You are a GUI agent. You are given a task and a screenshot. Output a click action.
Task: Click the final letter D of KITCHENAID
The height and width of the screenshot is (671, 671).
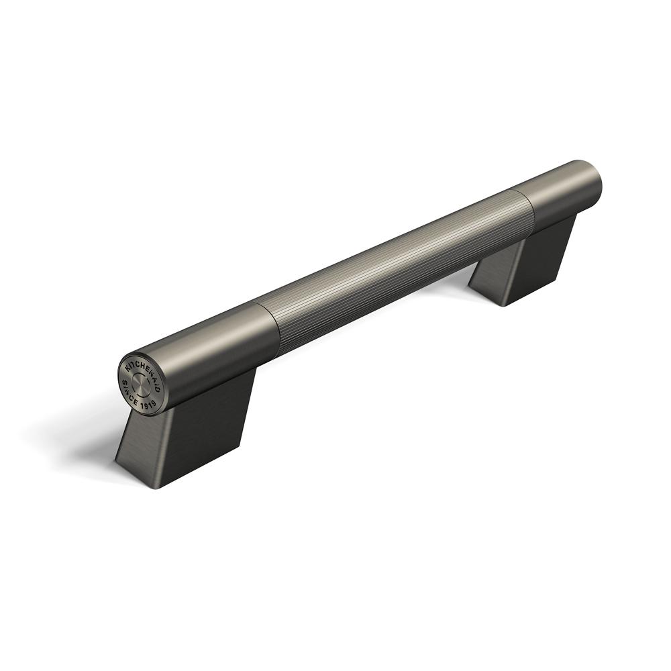click(x=158, y=381)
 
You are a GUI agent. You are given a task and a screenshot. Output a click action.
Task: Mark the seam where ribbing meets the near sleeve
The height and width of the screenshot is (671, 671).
click(x=271, y=329)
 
